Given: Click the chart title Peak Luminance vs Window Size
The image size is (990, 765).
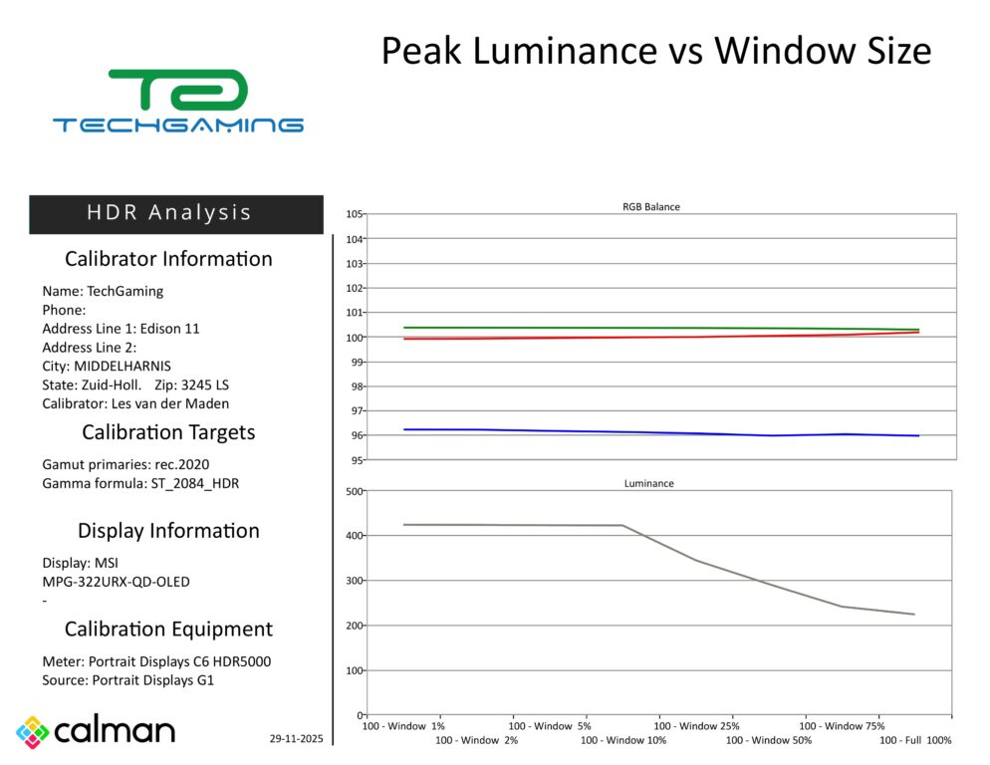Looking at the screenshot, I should pyautogui.click(x=655, y=51).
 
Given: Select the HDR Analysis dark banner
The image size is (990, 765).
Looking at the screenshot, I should pyautogui.click(x=175, y=213).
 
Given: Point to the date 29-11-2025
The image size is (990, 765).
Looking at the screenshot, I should pyautogui.click(x=296, y=738).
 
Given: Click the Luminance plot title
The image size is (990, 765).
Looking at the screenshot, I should pyautogui.click(x=648, y=483).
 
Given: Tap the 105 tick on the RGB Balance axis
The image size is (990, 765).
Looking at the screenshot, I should pyautogui.click(x=355, y=214).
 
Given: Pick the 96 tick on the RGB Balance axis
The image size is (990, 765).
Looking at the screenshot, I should pyautogui.click(x=357, y=435).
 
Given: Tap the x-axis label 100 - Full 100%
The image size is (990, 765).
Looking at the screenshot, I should pyautogui.click(x=915, y=740).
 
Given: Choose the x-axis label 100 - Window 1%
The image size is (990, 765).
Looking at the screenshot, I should pyautogui.click(x=405, y=726).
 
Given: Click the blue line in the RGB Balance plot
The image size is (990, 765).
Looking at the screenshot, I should pyautogui.click(x=598, y=431).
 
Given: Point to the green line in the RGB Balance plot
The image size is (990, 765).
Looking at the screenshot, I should pyautogui.click(x=598, y=328).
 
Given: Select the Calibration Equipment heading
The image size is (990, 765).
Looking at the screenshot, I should pyautogui.click(x=168, y=630).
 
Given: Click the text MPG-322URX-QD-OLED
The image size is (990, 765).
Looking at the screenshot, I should pyautogui.click(x=116, y=582).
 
